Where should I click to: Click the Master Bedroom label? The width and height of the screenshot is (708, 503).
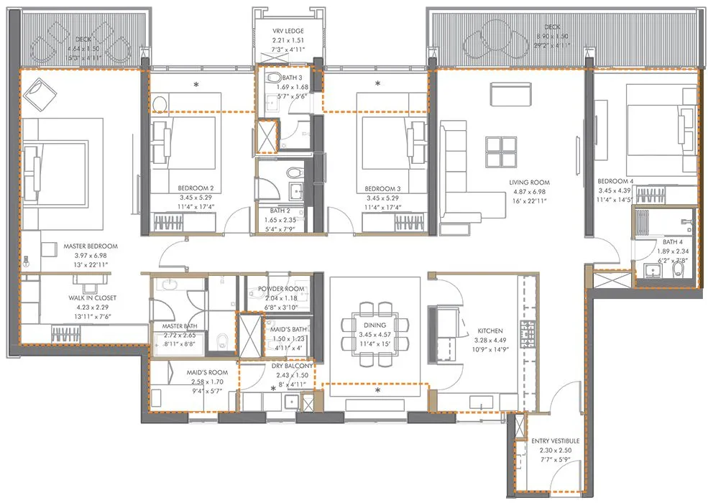pos(90,246)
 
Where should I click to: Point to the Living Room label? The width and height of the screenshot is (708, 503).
pos(529,183)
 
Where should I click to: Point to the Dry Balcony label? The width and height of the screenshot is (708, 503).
pos(292,366)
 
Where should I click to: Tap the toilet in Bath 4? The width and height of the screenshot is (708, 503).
pos(679,269)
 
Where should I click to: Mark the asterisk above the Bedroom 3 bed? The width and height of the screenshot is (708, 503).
pos(378,85)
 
